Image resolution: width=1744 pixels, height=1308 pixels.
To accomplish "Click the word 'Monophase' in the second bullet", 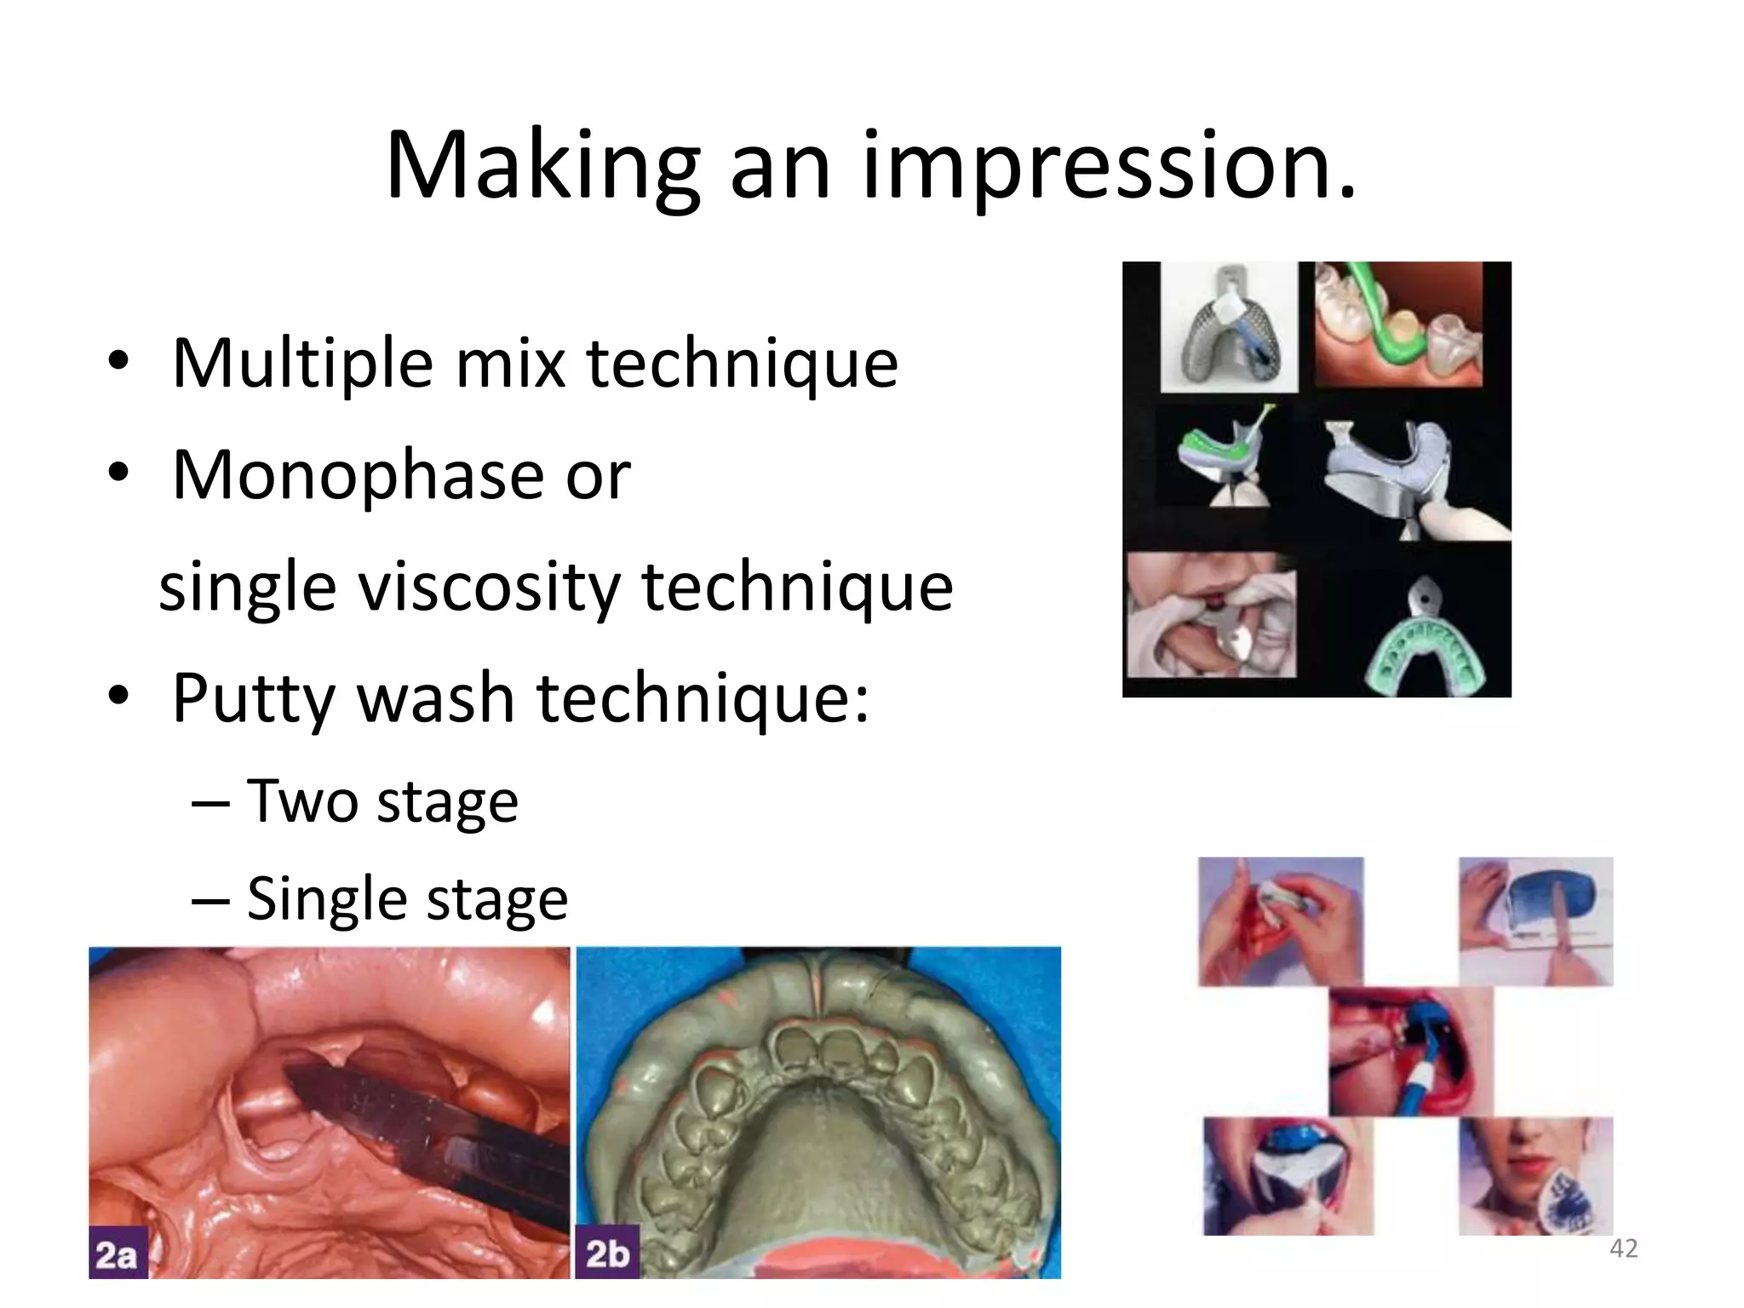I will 359,474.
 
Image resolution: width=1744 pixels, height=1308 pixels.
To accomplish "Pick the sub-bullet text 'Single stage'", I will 407,898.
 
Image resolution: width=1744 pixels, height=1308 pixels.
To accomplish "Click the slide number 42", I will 1623,1248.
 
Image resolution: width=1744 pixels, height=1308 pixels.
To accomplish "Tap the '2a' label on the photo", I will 118,1254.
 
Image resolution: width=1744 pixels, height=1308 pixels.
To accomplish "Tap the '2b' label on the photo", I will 607,1254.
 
